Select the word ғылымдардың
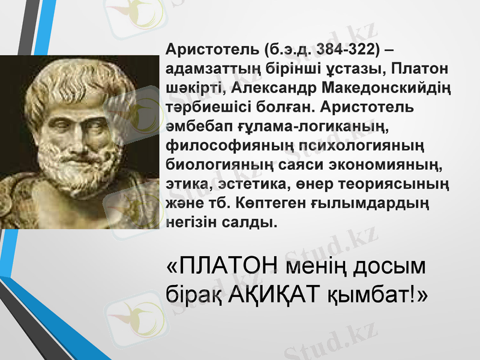[x=371, y=203]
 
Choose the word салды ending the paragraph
[x=251, y=223]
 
